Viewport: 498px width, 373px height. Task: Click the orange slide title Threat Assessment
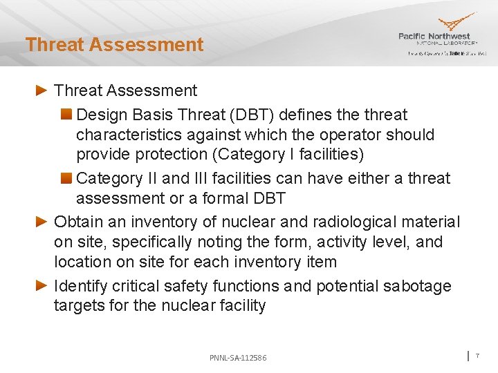click(x=114, y=45)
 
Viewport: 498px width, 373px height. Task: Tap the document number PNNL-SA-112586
click(x=238, y=358)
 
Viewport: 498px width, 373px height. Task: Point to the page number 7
click(x=477, y=355)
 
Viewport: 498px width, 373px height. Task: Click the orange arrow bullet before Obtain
click(x=41, y=222)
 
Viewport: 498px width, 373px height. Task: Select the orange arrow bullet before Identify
click(x=41, y=286)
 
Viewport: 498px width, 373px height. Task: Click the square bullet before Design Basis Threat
click(x=66, y=115)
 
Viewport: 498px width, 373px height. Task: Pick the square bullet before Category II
click(x=66, y=179)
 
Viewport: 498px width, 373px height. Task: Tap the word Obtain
click(x=77, y=222)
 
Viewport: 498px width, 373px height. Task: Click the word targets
click(x=79, y=306)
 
